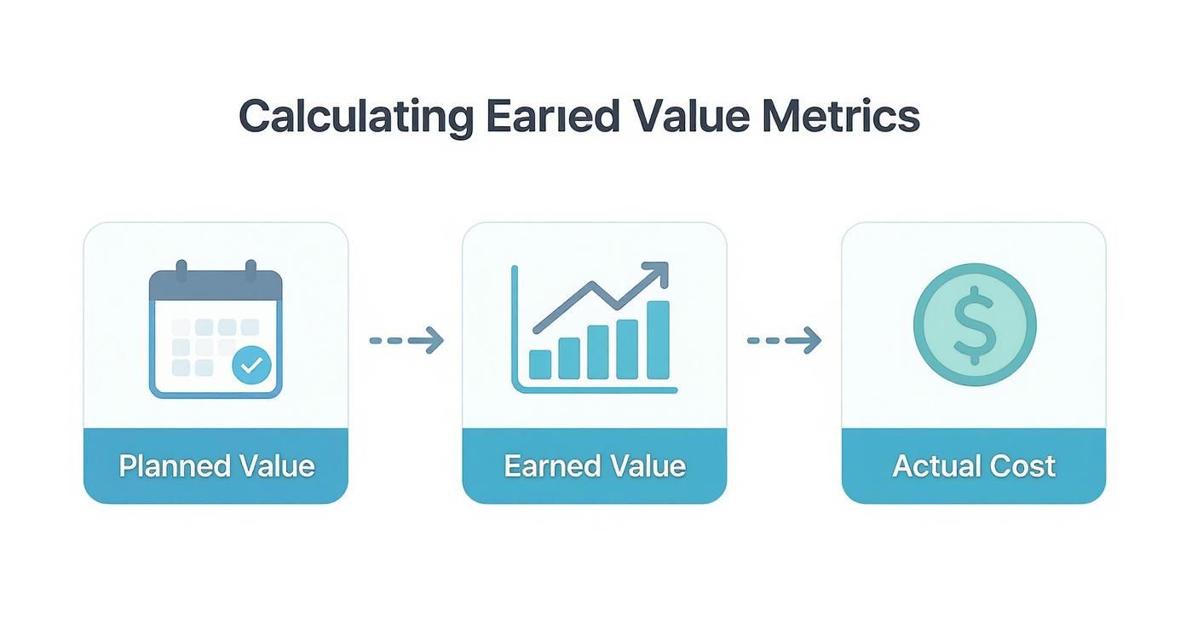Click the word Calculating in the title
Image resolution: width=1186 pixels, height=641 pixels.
click(354, 117)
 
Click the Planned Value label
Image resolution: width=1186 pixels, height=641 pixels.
click(216, 466)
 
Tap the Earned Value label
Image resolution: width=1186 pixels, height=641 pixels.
click(594, 466)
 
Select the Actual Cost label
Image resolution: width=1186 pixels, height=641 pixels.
click(973, 466)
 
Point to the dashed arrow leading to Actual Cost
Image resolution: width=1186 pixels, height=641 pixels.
click(784, 341)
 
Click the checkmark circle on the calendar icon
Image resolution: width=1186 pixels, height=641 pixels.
click(251, 366)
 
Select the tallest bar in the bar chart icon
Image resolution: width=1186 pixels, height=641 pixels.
click(658, 339)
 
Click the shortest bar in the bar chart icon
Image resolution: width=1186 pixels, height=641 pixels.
click(540, 364)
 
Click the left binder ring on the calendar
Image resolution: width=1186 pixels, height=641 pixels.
click(181, 272)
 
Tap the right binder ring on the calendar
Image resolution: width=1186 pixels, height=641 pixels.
click(250, 272)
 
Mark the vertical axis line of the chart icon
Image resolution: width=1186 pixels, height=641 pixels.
click(515, 328)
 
